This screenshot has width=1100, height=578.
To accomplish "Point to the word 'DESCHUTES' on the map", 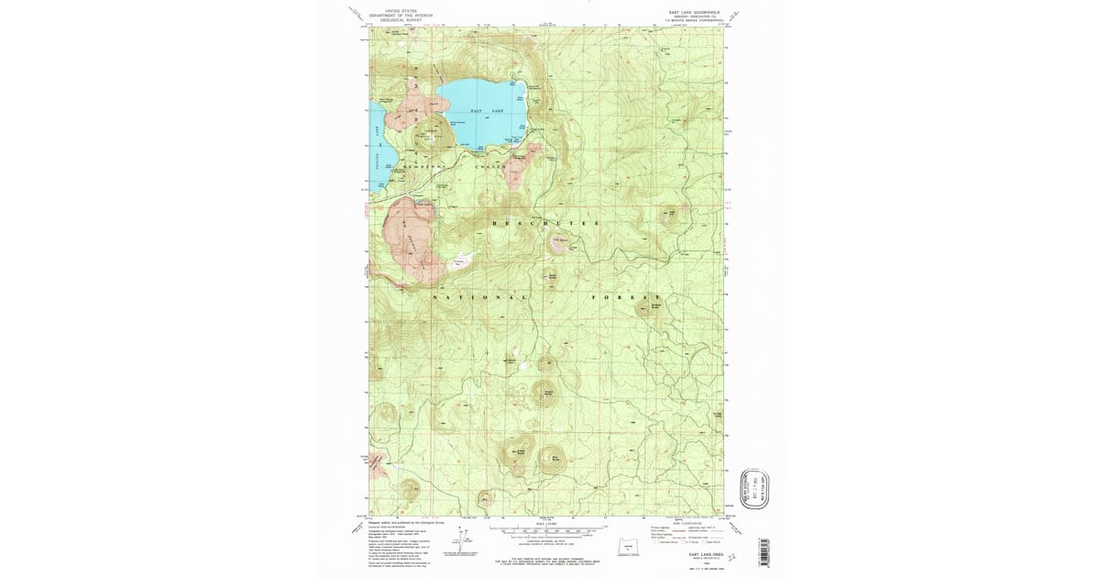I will [x=545, y=223].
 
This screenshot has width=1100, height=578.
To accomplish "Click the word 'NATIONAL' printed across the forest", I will [x=480, y=298].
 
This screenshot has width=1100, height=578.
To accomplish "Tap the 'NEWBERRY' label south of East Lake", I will [x=423, y=166].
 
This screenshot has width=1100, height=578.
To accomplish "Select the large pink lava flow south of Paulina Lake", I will [x=410, y=240].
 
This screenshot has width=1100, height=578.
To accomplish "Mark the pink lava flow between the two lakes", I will [x=401, y=115].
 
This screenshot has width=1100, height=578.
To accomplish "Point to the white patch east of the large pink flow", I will [x=459, y=263].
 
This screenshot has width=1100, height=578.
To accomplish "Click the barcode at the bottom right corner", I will [x=763, y=553].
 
